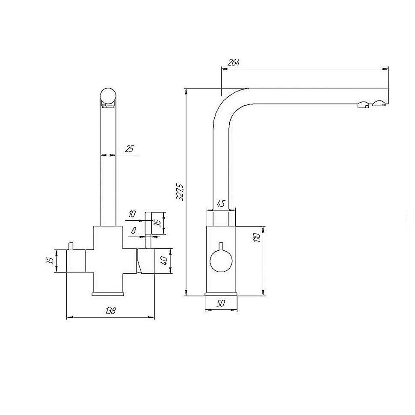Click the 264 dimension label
pyautogui.click(x=234, y=63)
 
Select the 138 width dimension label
pyautogui.click(x=110, y=311)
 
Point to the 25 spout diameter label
pyautogui.click(x=129, y=149)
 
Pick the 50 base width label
pyautogui.click(x=221, y=303)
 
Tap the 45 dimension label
pyautogui.click(x=221, y=204)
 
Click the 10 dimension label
pyautogui.click(x=132, y=213)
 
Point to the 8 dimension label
pyautogui.click(x=133, y=231)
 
